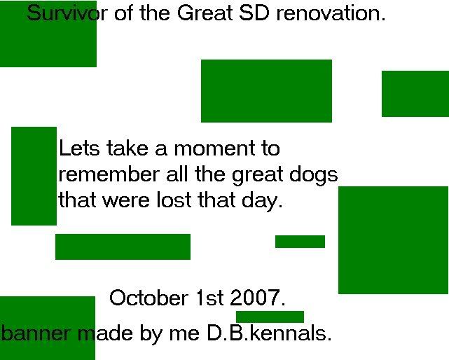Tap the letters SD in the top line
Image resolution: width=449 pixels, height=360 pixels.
coord(254,13)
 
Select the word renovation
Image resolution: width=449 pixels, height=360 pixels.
coord(331,13)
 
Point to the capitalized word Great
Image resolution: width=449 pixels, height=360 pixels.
coord(205,13)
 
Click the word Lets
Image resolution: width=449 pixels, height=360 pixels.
coord(79,148)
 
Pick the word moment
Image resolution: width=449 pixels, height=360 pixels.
coord(214,149)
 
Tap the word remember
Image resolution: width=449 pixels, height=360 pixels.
coord(109,174)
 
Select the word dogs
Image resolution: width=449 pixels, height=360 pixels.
coord(314,175)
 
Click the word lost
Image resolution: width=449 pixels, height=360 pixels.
coord(174,200)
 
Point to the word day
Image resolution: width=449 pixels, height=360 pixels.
coord(262,200)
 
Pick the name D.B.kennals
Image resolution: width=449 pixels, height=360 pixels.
coord(269,333)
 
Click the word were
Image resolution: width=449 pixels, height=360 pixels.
coord(126,200)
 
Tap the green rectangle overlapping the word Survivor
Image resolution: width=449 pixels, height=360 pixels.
coord(48,34)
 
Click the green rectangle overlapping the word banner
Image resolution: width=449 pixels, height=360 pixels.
coord(48,328)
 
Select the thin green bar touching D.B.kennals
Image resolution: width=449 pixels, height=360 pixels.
coord(270,317)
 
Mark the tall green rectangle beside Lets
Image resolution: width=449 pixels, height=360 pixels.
coord(34,176)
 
